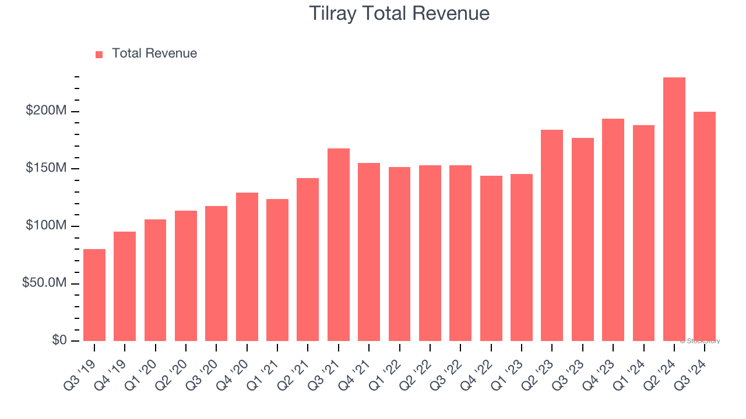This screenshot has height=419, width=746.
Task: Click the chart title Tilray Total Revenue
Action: pyautogui.click(x=399, y=13)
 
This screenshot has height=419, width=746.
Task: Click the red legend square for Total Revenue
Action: pyautogui.click(x=99, y=54)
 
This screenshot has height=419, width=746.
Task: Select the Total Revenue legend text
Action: pyautogui.click(x=154, y=54)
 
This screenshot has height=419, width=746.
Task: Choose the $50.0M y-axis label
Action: pyautogui.click(x=45, y=283)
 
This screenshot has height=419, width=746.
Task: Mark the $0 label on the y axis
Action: pyautogui.click(x=59, y=340)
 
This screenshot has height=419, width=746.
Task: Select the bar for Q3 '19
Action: pyautogui.click(x=94, y=295)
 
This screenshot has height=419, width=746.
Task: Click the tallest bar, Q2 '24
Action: pyautogui.click(x=674, y=210)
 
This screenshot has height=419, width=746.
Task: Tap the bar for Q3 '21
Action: pyautogui.click(x=339, y=244)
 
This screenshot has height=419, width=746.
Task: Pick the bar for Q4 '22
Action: pyautogui.click(x=491, y=258)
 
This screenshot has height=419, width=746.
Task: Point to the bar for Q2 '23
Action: pyautogui.click(x=552, y=235)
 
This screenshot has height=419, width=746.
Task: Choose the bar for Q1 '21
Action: pyautogui.click(x=277, y=270)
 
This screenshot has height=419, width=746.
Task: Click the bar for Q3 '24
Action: pyautogui.click(x=705, y=226)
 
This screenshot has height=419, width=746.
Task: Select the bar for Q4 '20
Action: pyautogui.click(x=247, y=267)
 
